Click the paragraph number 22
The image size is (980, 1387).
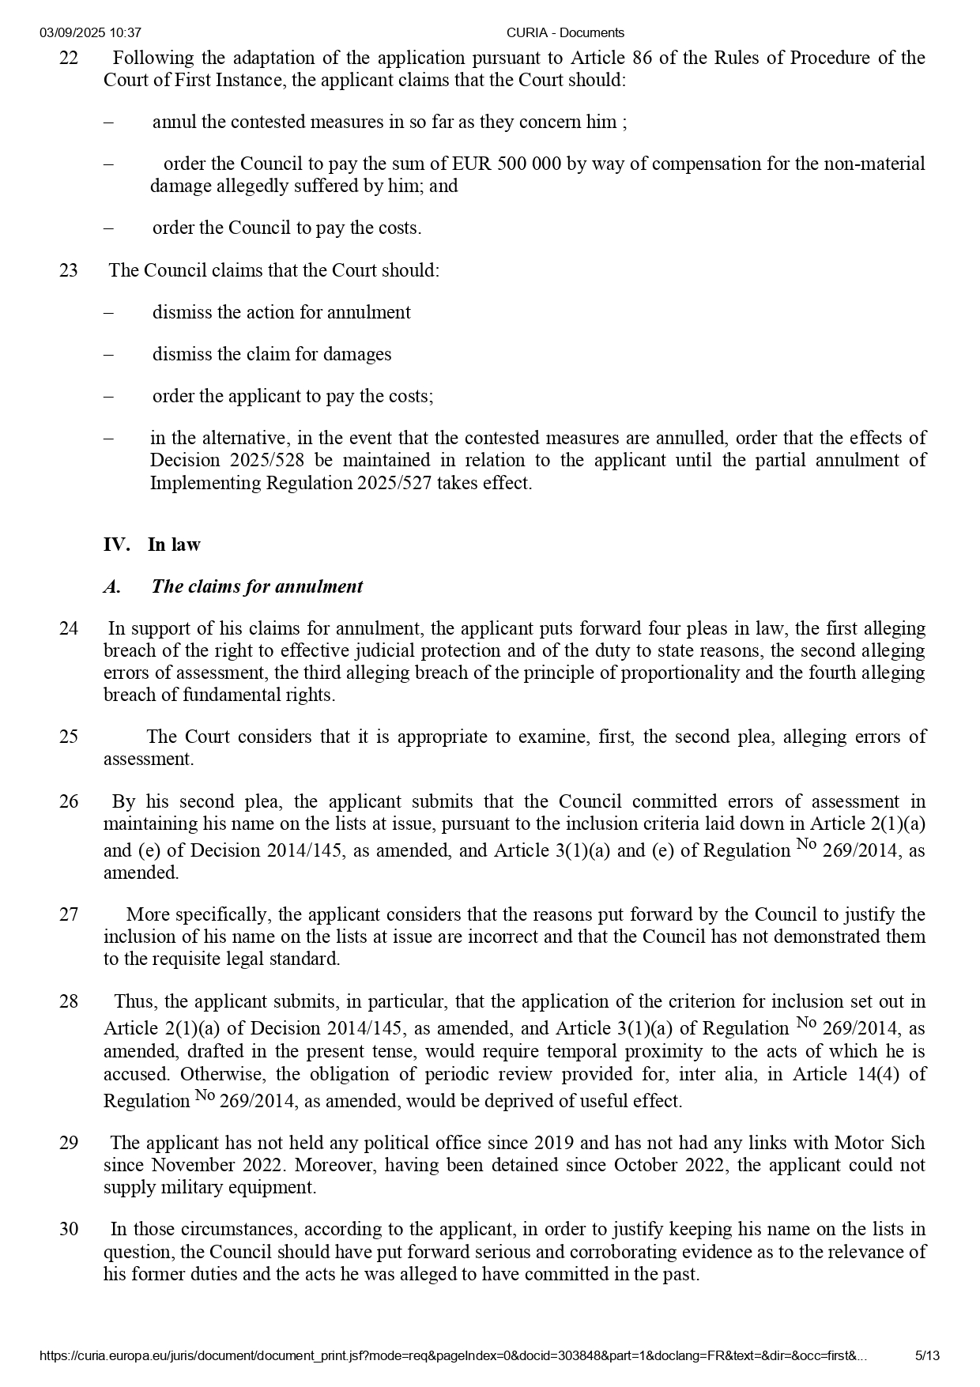pos(69,58)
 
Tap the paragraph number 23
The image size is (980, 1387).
pos(69,270)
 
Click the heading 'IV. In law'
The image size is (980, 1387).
pos(152,545)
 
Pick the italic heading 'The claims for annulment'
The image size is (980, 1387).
pos(257,586)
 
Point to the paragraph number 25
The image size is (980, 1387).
pos(69,737)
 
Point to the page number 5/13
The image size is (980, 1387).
pos(927,1356)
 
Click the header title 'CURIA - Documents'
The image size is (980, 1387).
pos(565,32)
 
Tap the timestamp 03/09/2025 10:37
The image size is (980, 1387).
pos(90,32)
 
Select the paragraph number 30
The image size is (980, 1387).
pos(69,1229)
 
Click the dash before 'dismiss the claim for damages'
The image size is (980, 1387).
pos(108,354)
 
